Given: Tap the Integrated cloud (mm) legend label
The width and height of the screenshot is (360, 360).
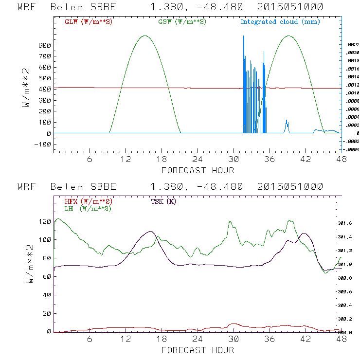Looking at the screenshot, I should [280, 22].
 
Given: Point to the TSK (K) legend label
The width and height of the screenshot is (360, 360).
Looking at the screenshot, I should [163, 201].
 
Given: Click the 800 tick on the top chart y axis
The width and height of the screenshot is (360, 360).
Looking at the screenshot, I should [45, 45].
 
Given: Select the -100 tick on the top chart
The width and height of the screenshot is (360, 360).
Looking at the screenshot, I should [44, 144].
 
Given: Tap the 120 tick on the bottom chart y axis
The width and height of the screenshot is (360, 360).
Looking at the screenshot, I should [45, 221].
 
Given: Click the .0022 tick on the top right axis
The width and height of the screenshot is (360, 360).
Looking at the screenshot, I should [352, 45].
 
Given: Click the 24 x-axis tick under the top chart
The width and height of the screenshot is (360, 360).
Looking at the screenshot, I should [198, 160].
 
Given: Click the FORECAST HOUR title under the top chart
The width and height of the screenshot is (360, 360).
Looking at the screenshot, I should [198, 170].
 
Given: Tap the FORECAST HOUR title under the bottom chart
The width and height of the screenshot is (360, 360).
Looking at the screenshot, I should [198, 350].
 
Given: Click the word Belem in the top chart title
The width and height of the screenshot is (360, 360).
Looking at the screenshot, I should [66, 7].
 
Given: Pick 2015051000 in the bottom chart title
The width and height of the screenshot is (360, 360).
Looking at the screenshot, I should [290, 187].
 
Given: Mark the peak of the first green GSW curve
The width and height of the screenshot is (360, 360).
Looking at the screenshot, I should [144, 36].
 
